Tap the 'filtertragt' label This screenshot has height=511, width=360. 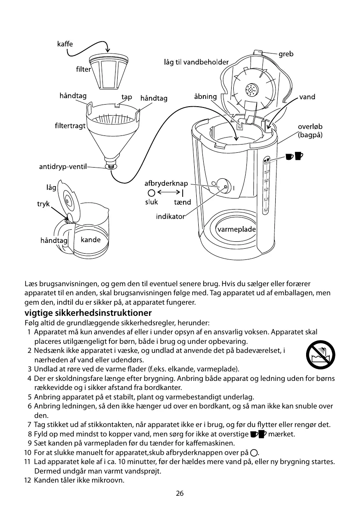coord(70,126)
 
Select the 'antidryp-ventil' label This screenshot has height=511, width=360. coord(63,167)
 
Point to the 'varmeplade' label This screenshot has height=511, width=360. coord(237,229)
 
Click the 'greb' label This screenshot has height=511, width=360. coord(286,54)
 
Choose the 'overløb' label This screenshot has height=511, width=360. coord(310,127)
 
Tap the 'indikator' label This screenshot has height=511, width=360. coord(170,217)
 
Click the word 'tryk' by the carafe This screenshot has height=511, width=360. coord(44,204)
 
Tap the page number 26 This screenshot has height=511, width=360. coord(180,494)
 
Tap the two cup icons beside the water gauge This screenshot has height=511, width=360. coord(295,156)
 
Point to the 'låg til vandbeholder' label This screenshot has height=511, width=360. coord(196,62)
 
